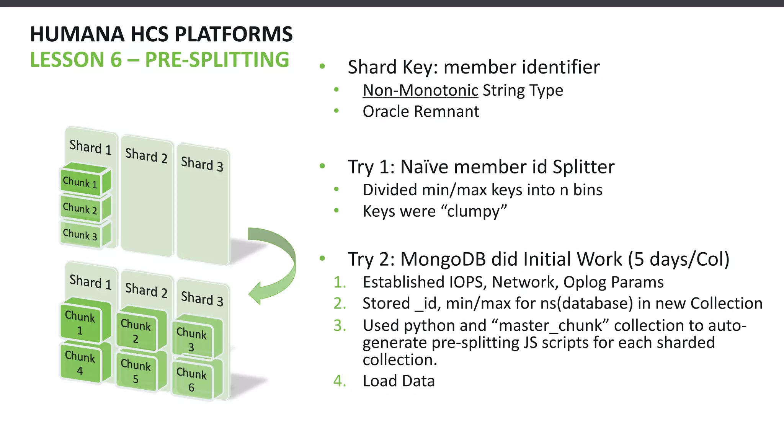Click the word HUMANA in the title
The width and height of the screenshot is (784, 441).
tap(77, 34)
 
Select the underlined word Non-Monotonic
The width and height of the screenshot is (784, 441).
tap(420, 91)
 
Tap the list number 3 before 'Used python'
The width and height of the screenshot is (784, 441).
tap(339, 325)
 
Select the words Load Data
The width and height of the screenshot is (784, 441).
tap(399, 381)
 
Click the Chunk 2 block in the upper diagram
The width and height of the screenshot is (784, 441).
tap(80, 208)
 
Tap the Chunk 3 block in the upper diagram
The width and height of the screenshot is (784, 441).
tap(80, 234)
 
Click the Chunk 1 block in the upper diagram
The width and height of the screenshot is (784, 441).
tap(80, 182)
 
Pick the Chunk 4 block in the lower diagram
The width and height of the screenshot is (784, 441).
tap(80, 363)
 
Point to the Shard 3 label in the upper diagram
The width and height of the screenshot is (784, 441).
tap(202, 164)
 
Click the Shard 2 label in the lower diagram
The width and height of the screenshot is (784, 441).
tap(146, 290)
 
